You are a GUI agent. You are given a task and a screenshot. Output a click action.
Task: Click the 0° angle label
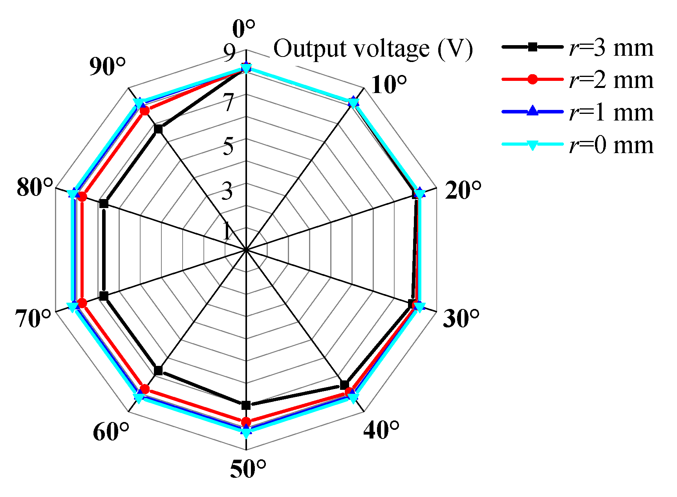pyautogui.click(x=244, y=29)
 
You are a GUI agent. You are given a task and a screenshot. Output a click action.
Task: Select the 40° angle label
pyautogui.click(x=381, y=430)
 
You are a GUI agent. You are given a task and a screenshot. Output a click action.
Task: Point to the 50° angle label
pyautogui.click(x=248, y=469)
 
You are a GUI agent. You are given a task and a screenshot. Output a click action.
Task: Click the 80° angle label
pyautogui.click(x=35, y=187)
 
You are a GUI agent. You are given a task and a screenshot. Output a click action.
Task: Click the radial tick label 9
pyautogui.click(x=229, y=52)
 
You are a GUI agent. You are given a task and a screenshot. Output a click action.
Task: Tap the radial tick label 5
pyautogui.click(x=229, y=146)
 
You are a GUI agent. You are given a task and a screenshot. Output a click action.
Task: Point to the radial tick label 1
pyautogui.click(x=227, y=231)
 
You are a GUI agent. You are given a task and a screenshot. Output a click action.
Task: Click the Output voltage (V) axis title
pyautogui.click(x=373, y=49)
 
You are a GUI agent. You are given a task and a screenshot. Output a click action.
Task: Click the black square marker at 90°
pyautogui.click(x=158, y=129)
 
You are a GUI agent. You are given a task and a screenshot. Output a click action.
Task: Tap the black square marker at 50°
pyautogui.click(x=246, y=405)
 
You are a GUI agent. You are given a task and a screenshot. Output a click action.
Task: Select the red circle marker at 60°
pyautogui.click(x=145, y=389)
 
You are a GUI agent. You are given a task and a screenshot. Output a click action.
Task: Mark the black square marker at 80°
pyautogui.click(x=104, y=203)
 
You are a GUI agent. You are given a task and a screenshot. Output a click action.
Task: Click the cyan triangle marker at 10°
pyautogui.click(x=353, y=103)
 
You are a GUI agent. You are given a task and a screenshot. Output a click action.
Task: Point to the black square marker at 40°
pyautogui.click(x=344, y=385)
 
